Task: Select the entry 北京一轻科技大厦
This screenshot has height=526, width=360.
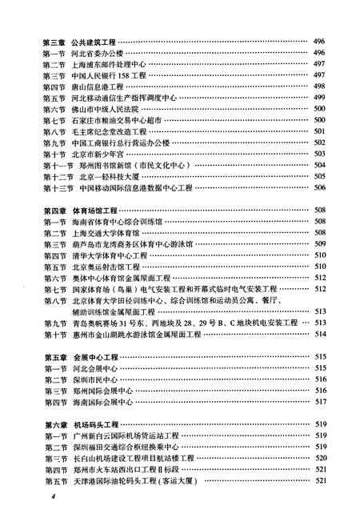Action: pyautogui.click(x=111, y=175)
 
